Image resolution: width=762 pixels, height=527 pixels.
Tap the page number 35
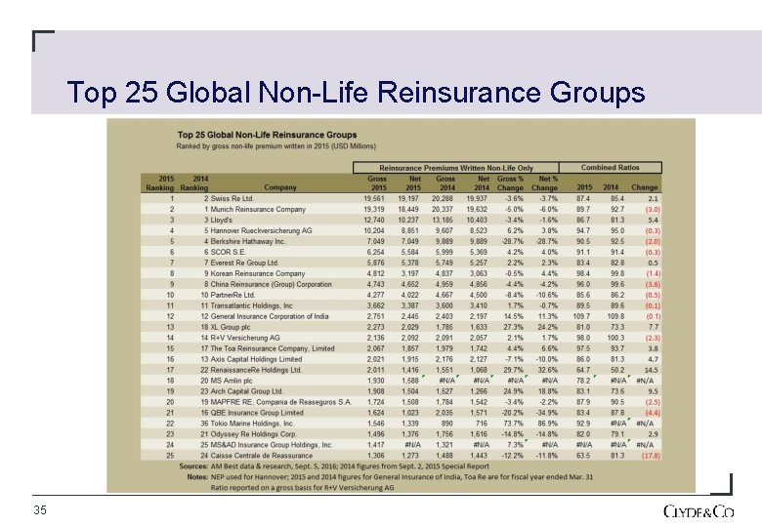pyautogui.click(x=40, y=510)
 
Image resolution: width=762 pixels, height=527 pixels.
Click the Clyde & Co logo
pyautogui.click(x=698, y=510)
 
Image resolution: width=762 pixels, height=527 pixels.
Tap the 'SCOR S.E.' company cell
pyautogui.click(x=226, y=252)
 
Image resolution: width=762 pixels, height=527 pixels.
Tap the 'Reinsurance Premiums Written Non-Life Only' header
pyautogui.click(x=456, y=168)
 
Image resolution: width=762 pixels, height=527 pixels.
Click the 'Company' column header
pyautogui.click(x=280, y=187)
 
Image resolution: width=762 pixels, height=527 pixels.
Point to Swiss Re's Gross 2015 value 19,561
pyautogui.click(x=373, y=198)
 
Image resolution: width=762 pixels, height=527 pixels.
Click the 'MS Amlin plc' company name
pyautogui.click(x=229, y=381)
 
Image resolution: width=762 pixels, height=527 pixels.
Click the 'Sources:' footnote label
pyautogui.click(x=193, y=466)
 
